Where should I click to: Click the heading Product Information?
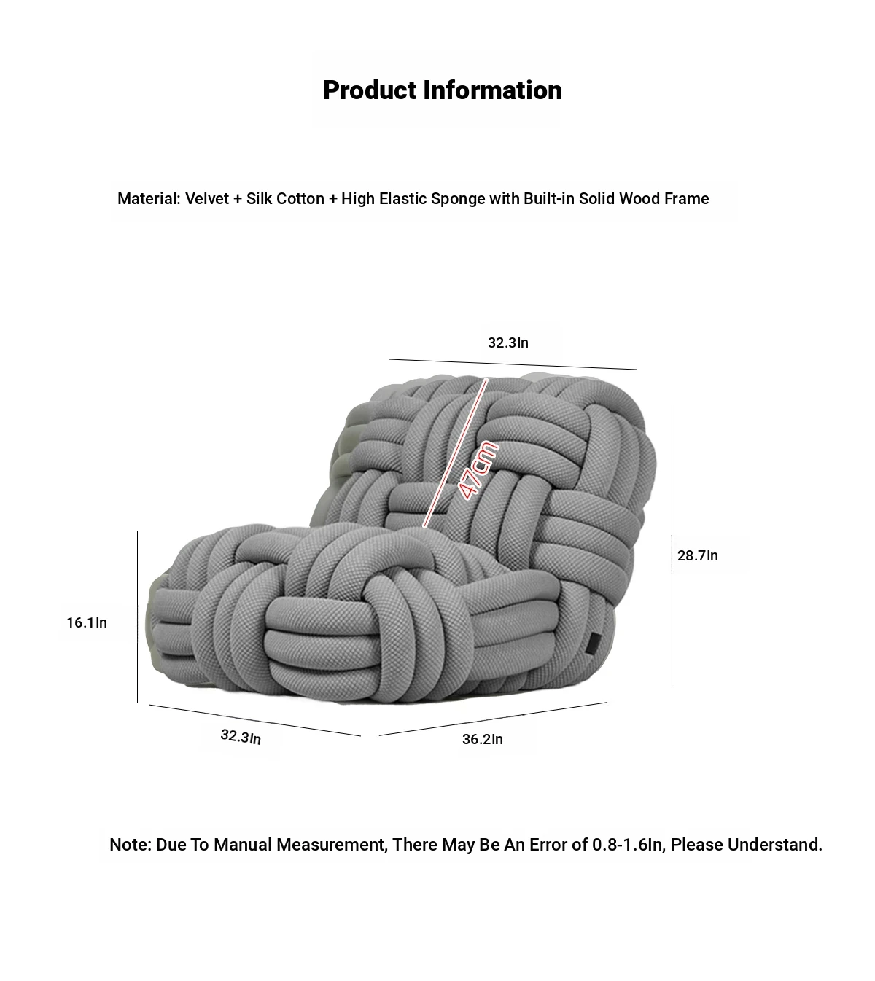pyautogui.click(x=443, y=90)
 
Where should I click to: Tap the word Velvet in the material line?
pyautogui.click(x=207, y=198)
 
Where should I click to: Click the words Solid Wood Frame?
pyautogui.click(x=644, y=198)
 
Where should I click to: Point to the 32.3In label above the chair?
pyautogui.click(x=507, y=343)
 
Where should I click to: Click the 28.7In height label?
pyautogui.click(x=698, y=555)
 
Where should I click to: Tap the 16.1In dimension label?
pyautogui.click(x=87, y=622)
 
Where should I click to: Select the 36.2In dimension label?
pyautogui.click(x=483, y=739)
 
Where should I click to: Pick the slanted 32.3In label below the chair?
pyautogui.click(x=241, y=736)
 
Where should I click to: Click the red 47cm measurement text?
pyautogui.click(x=477, y=470)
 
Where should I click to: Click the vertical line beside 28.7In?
pyautogui.click(x=672, y=545)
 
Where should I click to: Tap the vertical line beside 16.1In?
pyautogui.click(x=138, y=617)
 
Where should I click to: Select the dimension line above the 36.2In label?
pyautogui.click(x=493, y=719)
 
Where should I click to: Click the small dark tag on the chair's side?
pyautogui.click(x=594, y=644)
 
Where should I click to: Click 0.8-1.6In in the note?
pyautogui.click(x=627, y=845)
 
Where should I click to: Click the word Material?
pyautogui.click(x=149, y=198)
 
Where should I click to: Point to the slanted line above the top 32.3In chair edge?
pyautogui.click(x=513, y=364)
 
